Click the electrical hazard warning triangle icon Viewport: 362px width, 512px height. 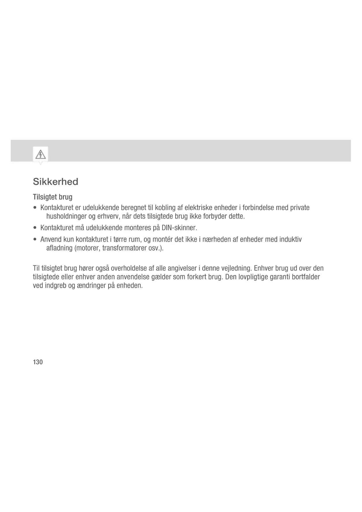41,154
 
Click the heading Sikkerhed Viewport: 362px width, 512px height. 55,182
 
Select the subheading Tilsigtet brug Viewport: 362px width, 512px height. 53,197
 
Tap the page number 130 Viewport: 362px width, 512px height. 38,362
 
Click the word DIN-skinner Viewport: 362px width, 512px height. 179,227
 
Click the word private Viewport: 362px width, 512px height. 300,208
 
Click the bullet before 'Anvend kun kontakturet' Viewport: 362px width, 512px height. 35,240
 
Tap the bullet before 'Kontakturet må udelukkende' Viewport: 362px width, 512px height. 35,228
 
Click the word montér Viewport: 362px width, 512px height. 162,240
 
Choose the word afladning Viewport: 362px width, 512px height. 60,248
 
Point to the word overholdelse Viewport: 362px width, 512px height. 131,268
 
